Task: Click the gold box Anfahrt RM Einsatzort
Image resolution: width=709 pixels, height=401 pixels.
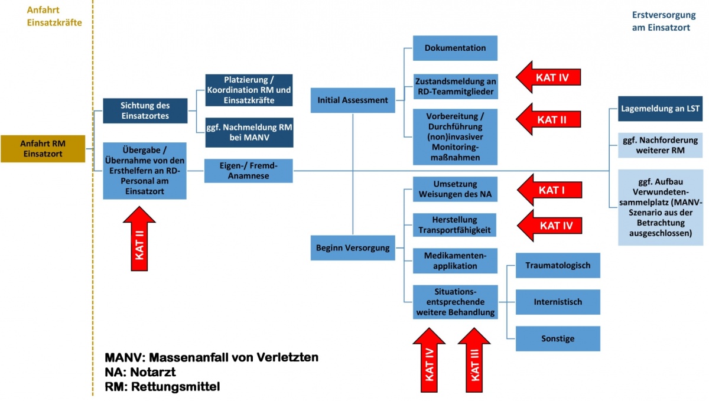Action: pyautogui.click(x=43, y=148)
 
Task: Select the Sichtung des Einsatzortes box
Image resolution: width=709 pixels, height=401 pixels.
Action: pyautogui.click(x=145, y=110)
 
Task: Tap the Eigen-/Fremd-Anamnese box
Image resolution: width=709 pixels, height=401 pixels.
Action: pyautogui.click(x=249, y=171)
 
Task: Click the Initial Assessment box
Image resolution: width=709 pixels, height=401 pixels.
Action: pyautogui.click(x=353, y=100)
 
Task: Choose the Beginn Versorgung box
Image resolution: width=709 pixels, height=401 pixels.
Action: pyautogui.click(x=353, y=247)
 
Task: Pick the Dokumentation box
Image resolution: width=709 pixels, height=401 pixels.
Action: pyautogui.click(x=455, y=48)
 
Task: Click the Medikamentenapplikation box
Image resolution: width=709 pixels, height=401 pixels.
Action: pyautogui.click(x=455, y=260)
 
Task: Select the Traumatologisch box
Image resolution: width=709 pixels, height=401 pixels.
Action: pyautogui.click(x=558, y=265)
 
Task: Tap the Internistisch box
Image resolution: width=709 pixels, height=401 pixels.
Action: pyautogui.click(x=558, y=302)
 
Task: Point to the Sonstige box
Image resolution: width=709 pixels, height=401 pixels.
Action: pyautogui.click(x=558, y=338)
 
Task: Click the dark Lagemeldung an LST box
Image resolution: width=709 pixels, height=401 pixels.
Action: pyautogui.click(x=661, y=109)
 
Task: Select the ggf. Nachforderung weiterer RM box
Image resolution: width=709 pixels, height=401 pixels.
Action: pyautogui.click(x=661, y=146)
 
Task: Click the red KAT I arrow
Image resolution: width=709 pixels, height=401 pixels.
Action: pyautogui.click(x=549, y=190)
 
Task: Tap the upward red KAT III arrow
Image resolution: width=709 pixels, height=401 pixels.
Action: pyautogui.click(x=474, y=360)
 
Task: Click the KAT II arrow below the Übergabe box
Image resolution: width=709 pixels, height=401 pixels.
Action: pyautogui.click(x=139, y=239)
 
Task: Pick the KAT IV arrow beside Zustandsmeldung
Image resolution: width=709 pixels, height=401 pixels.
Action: pyautogui.click(x=549, y=77)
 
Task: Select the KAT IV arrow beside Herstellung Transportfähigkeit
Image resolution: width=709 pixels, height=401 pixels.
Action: pyautogui.click(x=549, y=225)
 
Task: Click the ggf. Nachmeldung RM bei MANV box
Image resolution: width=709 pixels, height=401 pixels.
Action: pyautogui.click(x=249, y=132)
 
